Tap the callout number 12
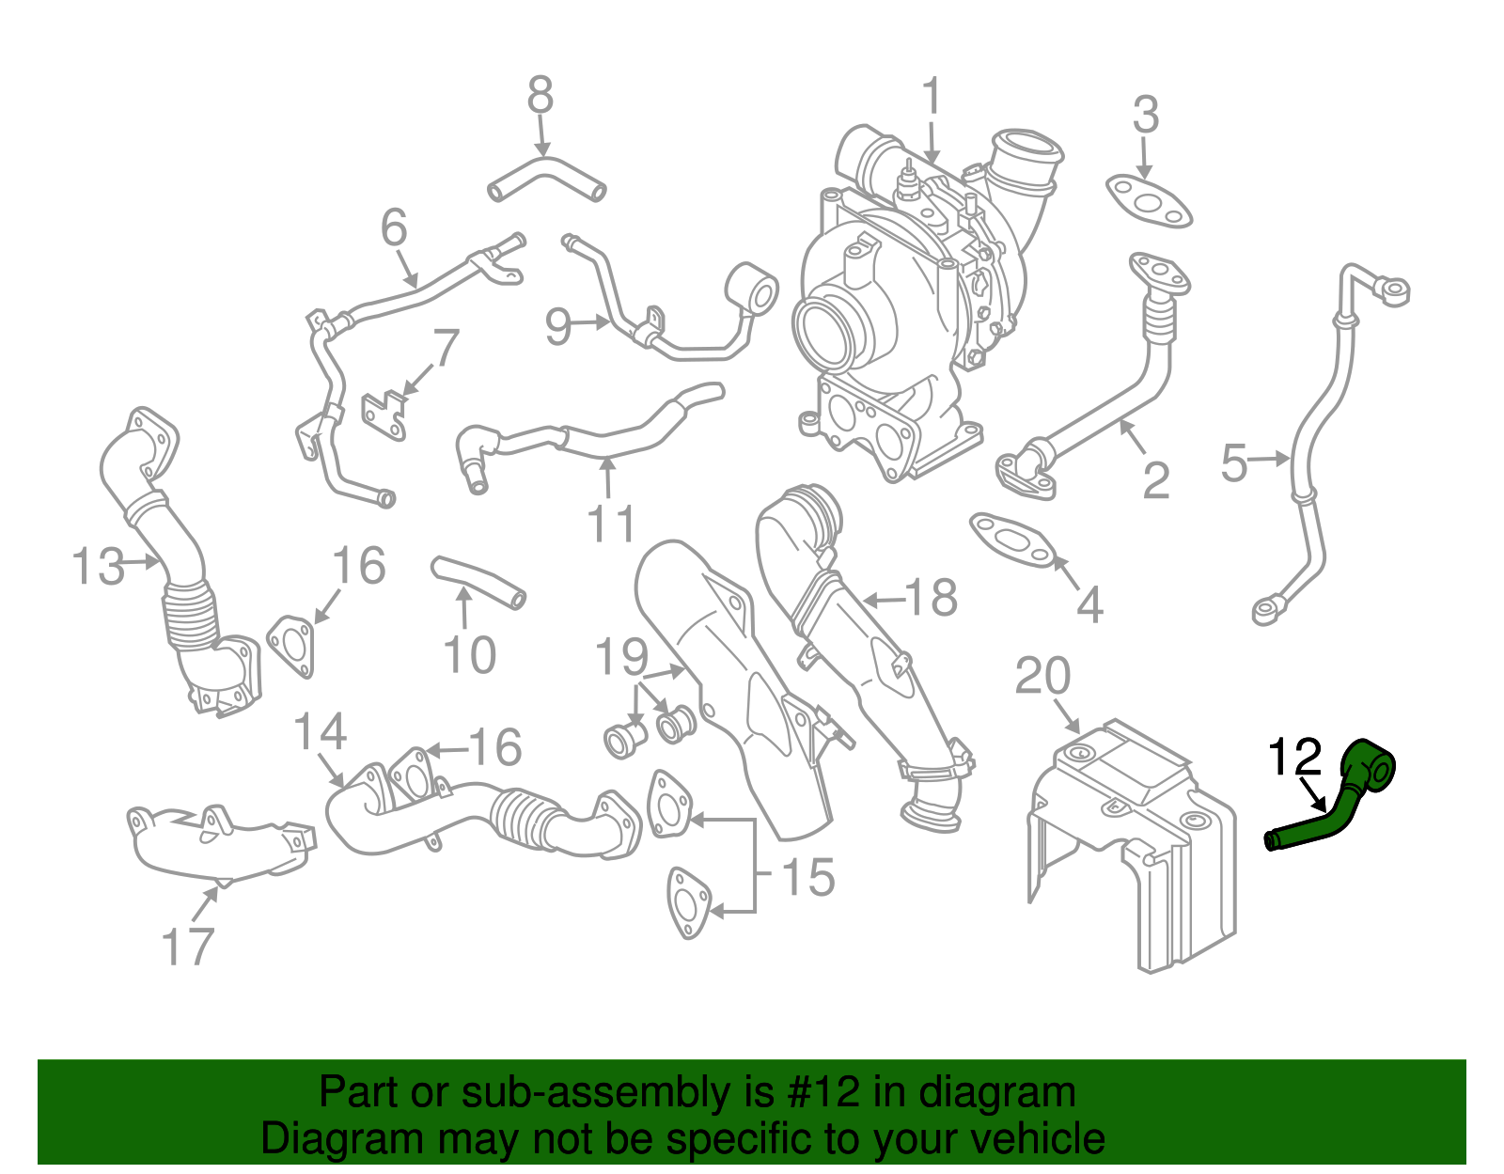click(x=1295, y=758)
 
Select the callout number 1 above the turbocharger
click(x=931, y=98)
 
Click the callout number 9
click(x=558, y=326)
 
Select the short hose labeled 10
click(x=478, y=582)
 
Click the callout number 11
click(x=611, y=524)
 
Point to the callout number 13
click(x=98, y=567)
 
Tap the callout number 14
click(x=320, y=731)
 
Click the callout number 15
click(x=807, y=877)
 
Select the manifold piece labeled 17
click(x=218, y=842)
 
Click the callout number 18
click(x=931, y=598)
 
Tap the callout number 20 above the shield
click(x=1042, y=676)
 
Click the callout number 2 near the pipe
click(x=1155, y=480)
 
